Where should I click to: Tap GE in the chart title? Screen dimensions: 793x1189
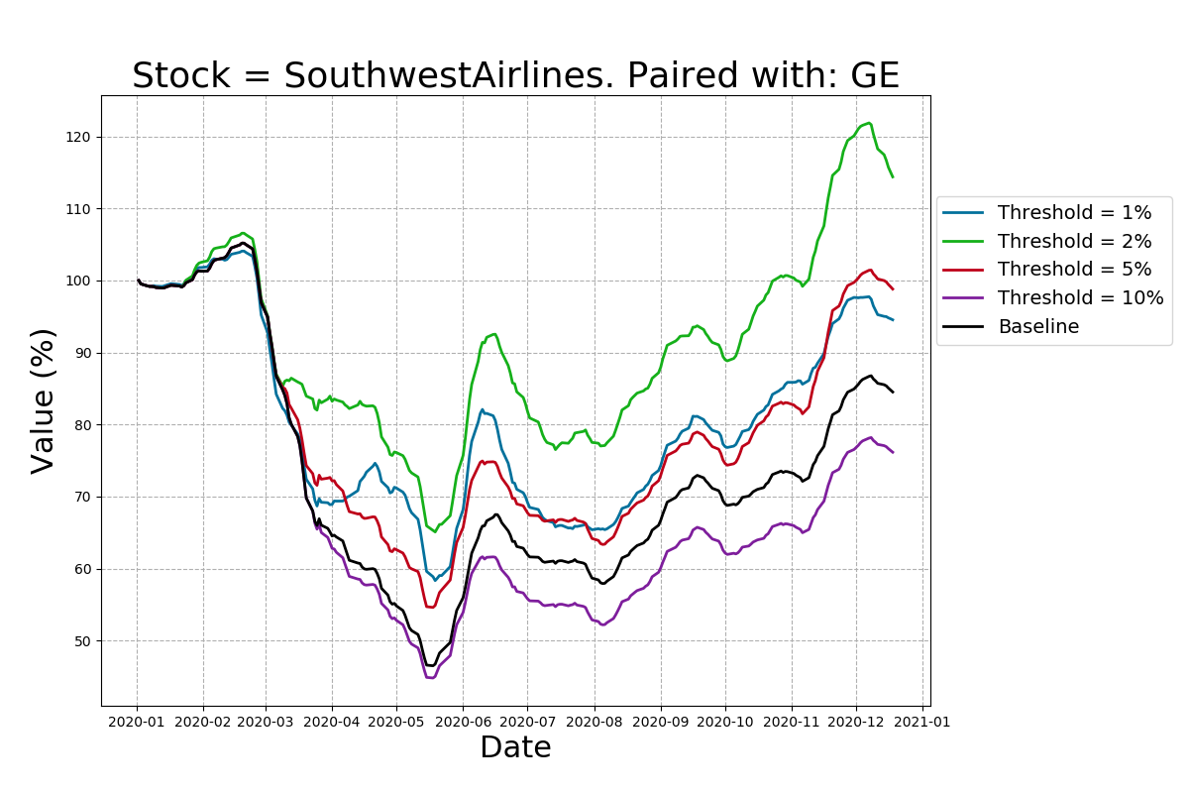tap(874, 76)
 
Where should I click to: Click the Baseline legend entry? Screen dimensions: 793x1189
tap(1037, 327)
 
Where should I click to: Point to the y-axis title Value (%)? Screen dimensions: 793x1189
tap(43, 400)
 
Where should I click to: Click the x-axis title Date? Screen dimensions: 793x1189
tap(515, 747)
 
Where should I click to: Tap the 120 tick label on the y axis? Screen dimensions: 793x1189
tap(80, 137)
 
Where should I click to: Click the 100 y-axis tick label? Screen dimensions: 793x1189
tap(80, 282)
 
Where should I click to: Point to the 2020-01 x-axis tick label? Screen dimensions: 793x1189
tap(138, 722)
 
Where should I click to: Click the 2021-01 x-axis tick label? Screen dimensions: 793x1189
tap(922, 722)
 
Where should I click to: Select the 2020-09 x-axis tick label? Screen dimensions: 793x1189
tap(660, 722)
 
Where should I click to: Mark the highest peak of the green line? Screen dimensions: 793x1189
tap(869, 123)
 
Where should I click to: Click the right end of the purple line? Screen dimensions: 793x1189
tap(893, 452)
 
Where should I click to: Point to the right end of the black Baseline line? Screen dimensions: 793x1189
tap(893, 392)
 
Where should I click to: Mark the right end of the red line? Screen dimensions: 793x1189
tap(893, 288)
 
